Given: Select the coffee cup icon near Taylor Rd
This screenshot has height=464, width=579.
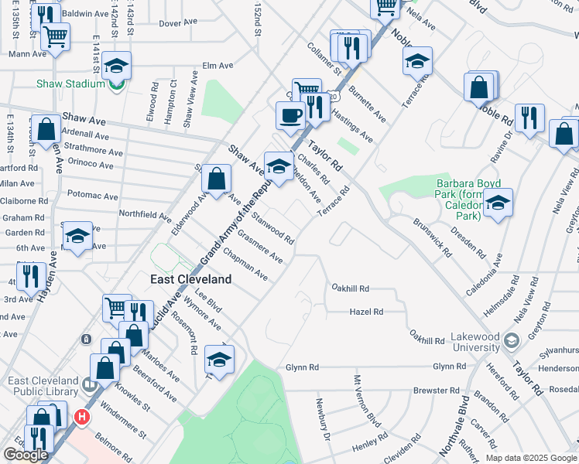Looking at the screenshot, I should click(x=290, y=115).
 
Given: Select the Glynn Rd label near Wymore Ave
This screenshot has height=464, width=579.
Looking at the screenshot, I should click(x=301, y=367).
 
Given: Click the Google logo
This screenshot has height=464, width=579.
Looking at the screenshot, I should click(x=26, y=454).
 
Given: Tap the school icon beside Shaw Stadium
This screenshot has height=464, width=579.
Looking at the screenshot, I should click(x=116, y=66).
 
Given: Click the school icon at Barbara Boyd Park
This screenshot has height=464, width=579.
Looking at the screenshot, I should click(x=498, y=203).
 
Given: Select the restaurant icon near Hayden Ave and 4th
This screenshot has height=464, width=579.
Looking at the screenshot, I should click(x=29, y=275).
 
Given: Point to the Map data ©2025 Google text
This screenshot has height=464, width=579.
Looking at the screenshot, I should click(x=530, y=458).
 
